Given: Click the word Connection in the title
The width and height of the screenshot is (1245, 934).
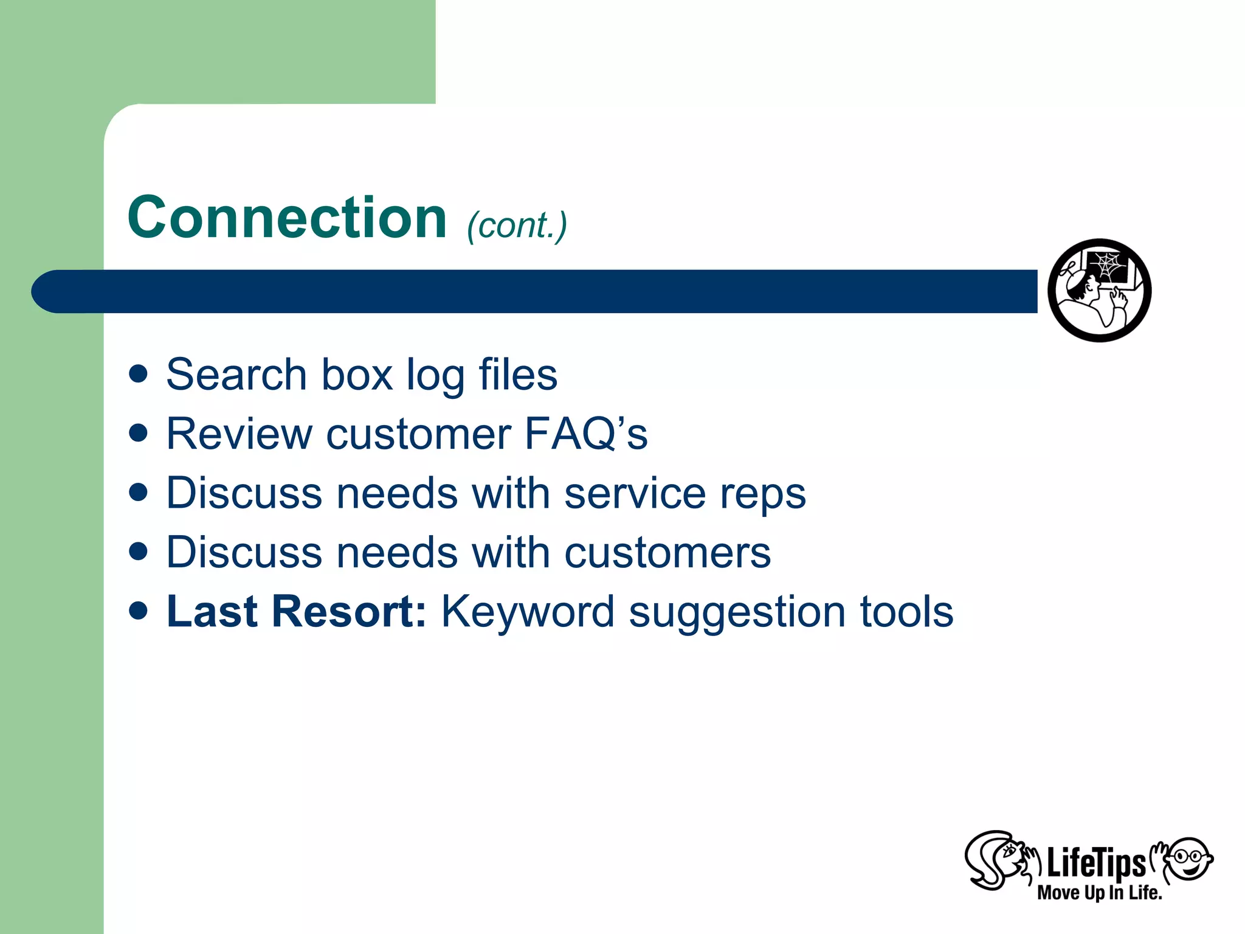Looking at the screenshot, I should pos(287,218).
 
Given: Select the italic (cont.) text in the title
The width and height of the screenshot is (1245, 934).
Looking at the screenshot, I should pos(517,226).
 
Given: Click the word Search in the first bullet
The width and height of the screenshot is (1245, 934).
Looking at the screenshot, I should pos(236,375).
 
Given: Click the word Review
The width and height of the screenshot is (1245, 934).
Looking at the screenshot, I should pos(239,434).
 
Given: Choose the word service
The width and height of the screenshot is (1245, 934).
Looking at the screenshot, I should pos(635,493).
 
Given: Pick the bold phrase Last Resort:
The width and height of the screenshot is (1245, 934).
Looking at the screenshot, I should pos(296,611).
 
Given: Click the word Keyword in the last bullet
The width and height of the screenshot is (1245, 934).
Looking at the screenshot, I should pos(528,612).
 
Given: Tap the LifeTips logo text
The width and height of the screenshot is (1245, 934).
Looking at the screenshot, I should pos(1095,863).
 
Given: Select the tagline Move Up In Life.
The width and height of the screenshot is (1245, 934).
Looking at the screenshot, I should pos(1099,893).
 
